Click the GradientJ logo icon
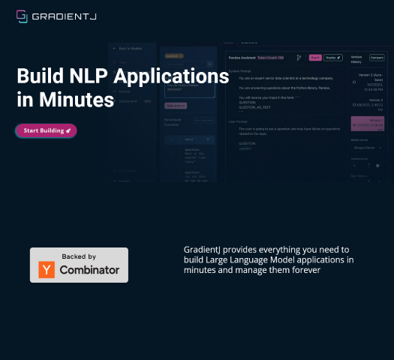coord(22,15)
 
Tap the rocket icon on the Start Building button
coord(68,130)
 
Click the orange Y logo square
coord(47,269)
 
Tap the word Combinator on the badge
coord(89,270)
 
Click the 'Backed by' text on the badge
coord(79,256)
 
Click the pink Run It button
coord(315,57)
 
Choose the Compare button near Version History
coord(377,57)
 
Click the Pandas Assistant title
coord(241,57)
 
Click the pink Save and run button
coord(176,104)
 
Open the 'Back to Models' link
coord(127,48)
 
